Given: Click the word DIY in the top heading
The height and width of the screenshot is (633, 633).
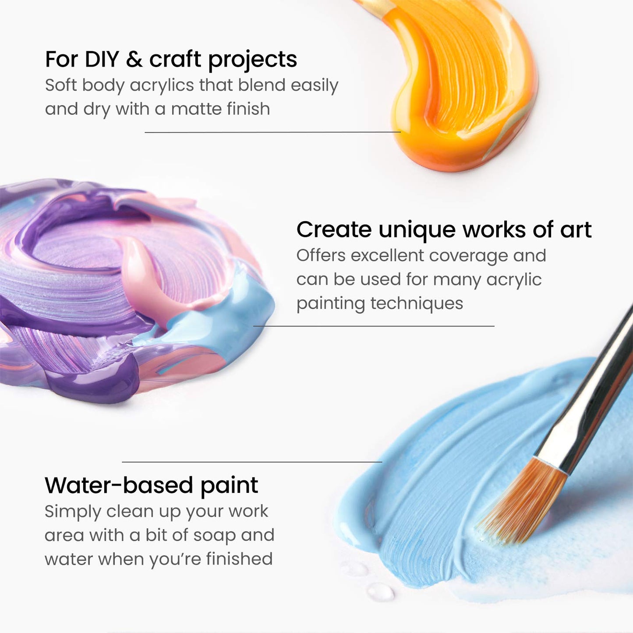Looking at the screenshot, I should coord(102,59).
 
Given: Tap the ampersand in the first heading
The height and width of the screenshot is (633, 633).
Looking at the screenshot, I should coord(134,60).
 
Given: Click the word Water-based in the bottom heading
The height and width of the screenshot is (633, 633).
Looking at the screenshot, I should coord(119,485).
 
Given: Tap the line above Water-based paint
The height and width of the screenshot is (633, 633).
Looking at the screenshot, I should coord(252,462).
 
